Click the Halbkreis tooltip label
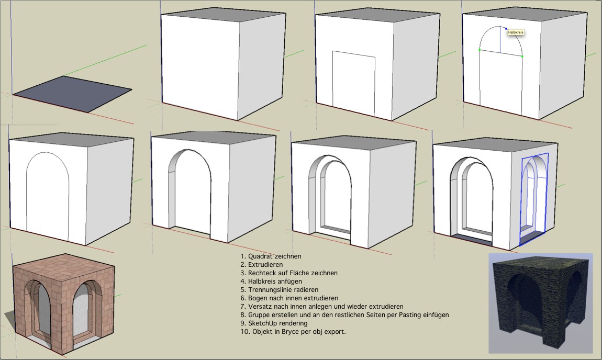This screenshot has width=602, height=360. point(516,32)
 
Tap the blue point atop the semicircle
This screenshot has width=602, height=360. point(506,28)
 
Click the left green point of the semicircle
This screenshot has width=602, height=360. point(480,50)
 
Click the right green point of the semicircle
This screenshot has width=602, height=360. point(522,56)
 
